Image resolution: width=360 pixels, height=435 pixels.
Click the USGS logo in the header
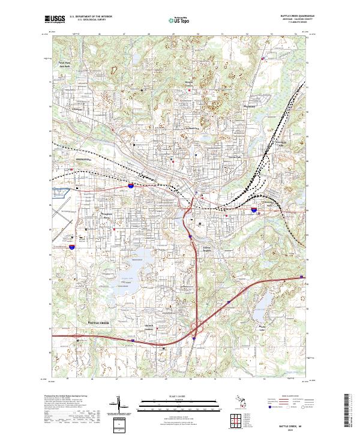pyautogui.click(x=55, y=20)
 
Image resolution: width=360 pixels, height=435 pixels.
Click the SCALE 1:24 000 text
pyautogui.click(x=180, y=397)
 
